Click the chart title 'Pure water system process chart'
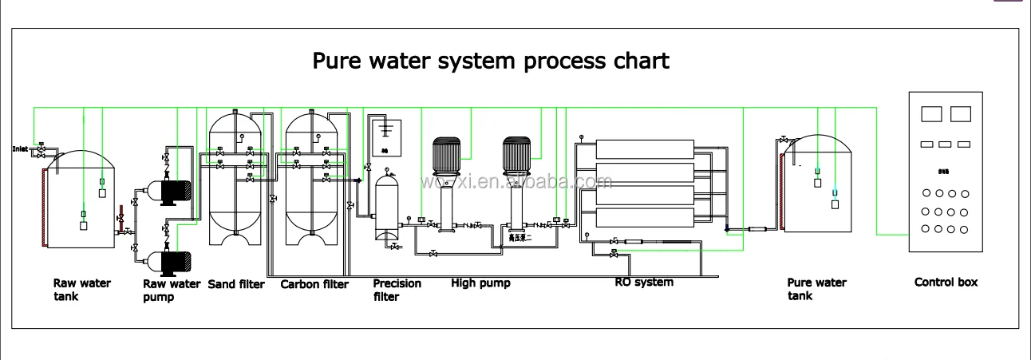coord(490,61)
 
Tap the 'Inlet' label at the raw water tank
coord(20,148)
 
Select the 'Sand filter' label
coord(236,284)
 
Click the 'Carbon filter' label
coord(314,284)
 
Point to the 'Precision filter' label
coord(397,290)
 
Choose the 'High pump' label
coord(480,283)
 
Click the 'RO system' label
coord(643,282)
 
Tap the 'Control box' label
coord(946,282)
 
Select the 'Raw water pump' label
coord(172,290)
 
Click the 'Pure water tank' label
coord(816,289)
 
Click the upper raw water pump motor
coord(176,190)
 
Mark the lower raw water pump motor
coord(176,261)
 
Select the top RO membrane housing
coord(644,148)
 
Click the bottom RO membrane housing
coord(644,216)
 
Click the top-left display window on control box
coord(931,114)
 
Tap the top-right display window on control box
coord(961,114)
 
